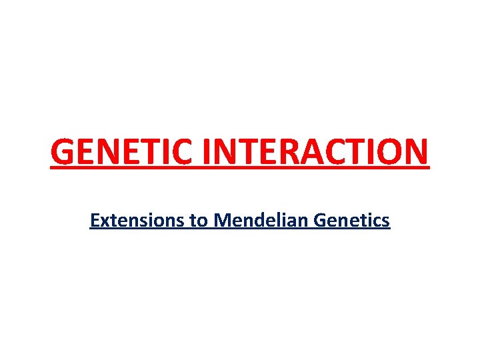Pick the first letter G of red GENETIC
(x=63, y=151)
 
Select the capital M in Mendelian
(x=222, y=220)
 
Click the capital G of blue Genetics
(x=321, y=220)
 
